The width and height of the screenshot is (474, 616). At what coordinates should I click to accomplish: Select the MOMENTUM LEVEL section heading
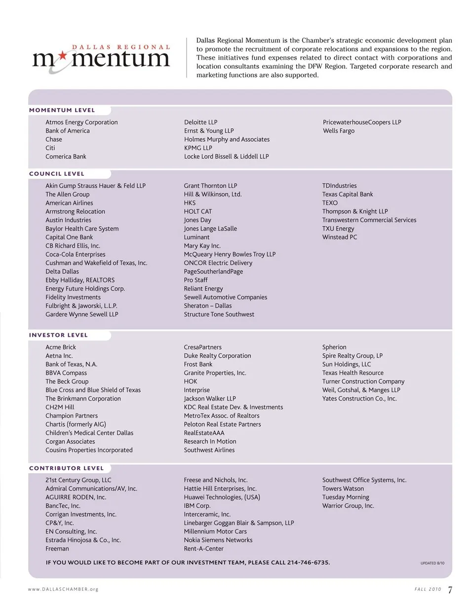(62, 110)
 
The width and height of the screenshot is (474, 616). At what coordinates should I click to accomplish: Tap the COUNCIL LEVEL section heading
(57, 174)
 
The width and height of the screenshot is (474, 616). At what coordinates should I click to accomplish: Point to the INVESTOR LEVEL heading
(58, 335)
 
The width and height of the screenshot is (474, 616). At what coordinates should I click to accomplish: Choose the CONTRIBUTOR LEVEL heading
(66, 468)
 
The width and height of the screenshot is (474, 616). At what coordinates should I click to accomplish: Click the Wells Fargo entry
(339, 131)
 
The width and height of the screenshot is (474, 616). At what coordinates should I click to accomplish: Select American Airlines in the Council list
(69, 203)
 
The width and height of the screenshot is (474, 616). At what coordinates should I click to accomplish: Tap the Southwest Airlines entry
(209, 450)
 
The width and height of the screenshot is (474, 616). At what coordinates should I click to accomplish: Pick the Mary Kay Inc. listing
(202, 246)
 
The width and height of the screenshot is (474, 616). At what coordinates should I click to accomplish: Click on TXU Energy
(338, 229)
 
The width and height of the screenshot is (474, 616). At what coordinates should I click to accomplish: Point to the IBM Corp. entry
(197, 506)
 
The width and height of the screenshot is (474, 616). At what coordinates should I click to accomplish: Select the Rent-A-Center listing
(203, 549)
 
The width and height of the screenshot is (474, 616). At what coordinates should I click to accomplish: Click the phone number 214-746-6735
(308, 563)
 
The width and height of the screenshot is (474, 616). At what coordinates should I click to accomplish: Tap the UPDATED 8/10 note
(432, 563)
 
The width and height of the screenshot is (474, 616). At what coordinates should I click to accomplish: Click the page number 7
(450, 590)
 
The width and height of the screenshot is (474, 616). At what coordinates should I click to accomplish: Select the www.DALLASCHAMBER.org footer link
(63, 589)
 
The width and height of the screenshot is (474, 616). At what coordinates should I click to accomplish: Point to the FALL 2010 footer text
(428, 589)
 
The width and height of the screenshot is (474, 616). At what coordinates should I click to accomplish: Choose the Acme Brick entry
(61, 347)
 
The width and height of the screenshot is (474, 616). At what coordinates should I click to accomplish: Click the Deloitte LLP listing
(200, 123)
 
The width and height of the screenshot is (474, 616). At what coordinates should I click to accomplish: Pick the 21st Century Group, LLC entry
(79, 480)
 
